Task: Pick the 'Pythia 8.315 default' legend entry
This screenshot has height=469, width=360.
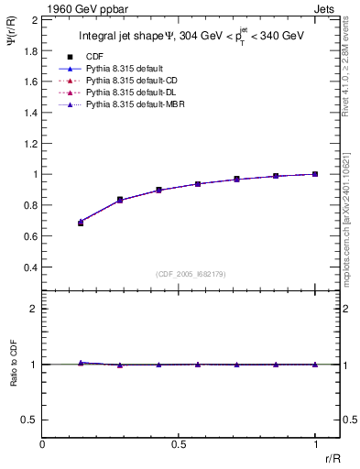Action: (125, 69)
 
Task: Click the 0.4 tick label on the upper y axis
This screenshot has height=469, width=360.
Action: (29, 267)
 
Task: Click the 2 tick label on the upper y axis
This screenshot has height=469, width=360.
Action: (34, 19)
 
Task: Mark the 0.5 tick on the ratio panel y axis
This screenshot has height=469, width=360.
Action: (29, 420)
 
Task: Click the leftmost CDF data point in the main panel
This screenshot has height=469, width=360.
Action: (81, 223)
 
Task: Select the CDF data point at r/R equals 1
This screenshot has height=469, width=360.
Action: (315, 174)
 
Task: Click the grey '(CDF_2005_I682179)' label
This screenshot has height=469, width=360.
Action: (191, 274)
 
